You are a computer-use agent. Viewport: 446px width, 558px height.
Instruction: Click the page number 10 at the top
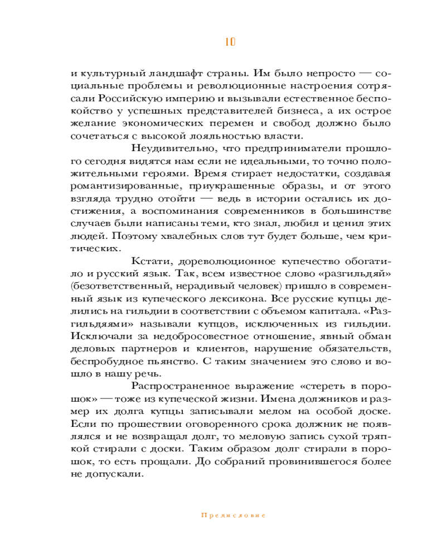(230, 42)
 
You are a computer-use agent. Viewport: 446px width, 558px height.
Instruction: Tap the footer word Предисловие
(233, 516)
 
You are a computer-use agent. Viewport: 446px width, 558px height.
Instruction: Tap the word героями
(168, 173)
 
